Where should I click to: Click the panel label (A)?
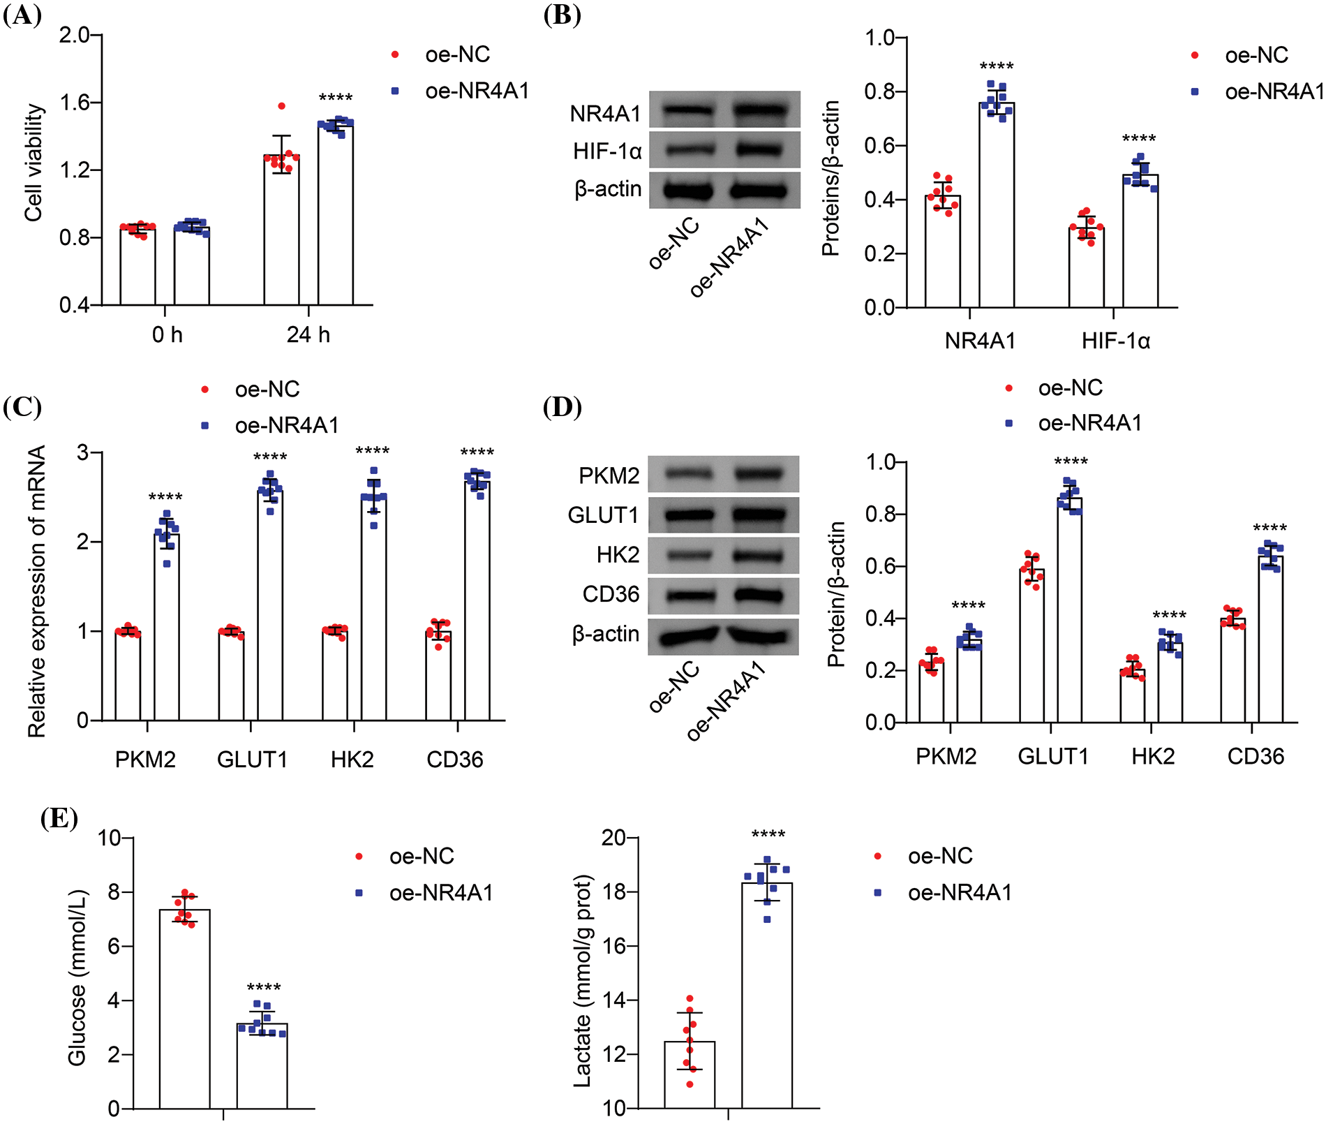(x=22, y=15)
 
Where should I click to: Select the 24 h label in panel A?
(x=308, y=335)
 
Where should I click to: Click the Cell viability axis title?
(x=34, y=163)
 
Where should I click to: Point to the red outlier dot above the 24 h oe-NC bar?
(x=282, y=106)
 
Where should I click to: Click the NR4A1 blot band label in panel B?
(x=605, y=113)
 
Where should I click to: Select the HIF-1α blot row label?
(x=607, y=151)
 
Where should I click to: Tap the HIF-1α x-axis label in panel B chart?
(x=1115, y=341)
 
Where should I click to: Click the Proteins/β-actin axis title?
(x=830, y=179)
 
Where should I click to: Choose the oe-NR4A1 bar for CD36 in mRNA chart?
(x=477, y=600)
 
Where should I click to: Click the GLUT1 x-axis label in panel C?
(x=252, y=759)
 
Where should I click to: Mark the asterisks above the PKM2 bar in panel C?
(x=165, y=498)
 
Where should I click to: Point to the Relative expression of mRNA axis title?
(x=36, y=591)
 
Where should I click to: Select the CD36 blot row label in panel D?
(x=611, y=594)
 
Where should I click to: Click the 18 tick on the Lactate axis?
(x=613, y=892)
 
